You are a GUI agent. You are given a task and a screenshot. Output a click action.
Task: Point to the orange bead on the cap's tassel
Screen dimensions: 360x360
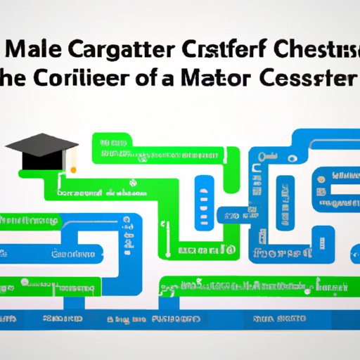tap(72, 168)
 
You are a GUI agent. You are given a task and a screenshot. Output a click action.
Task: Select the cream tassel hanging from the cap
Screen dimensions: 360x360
tap(71, 160)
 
